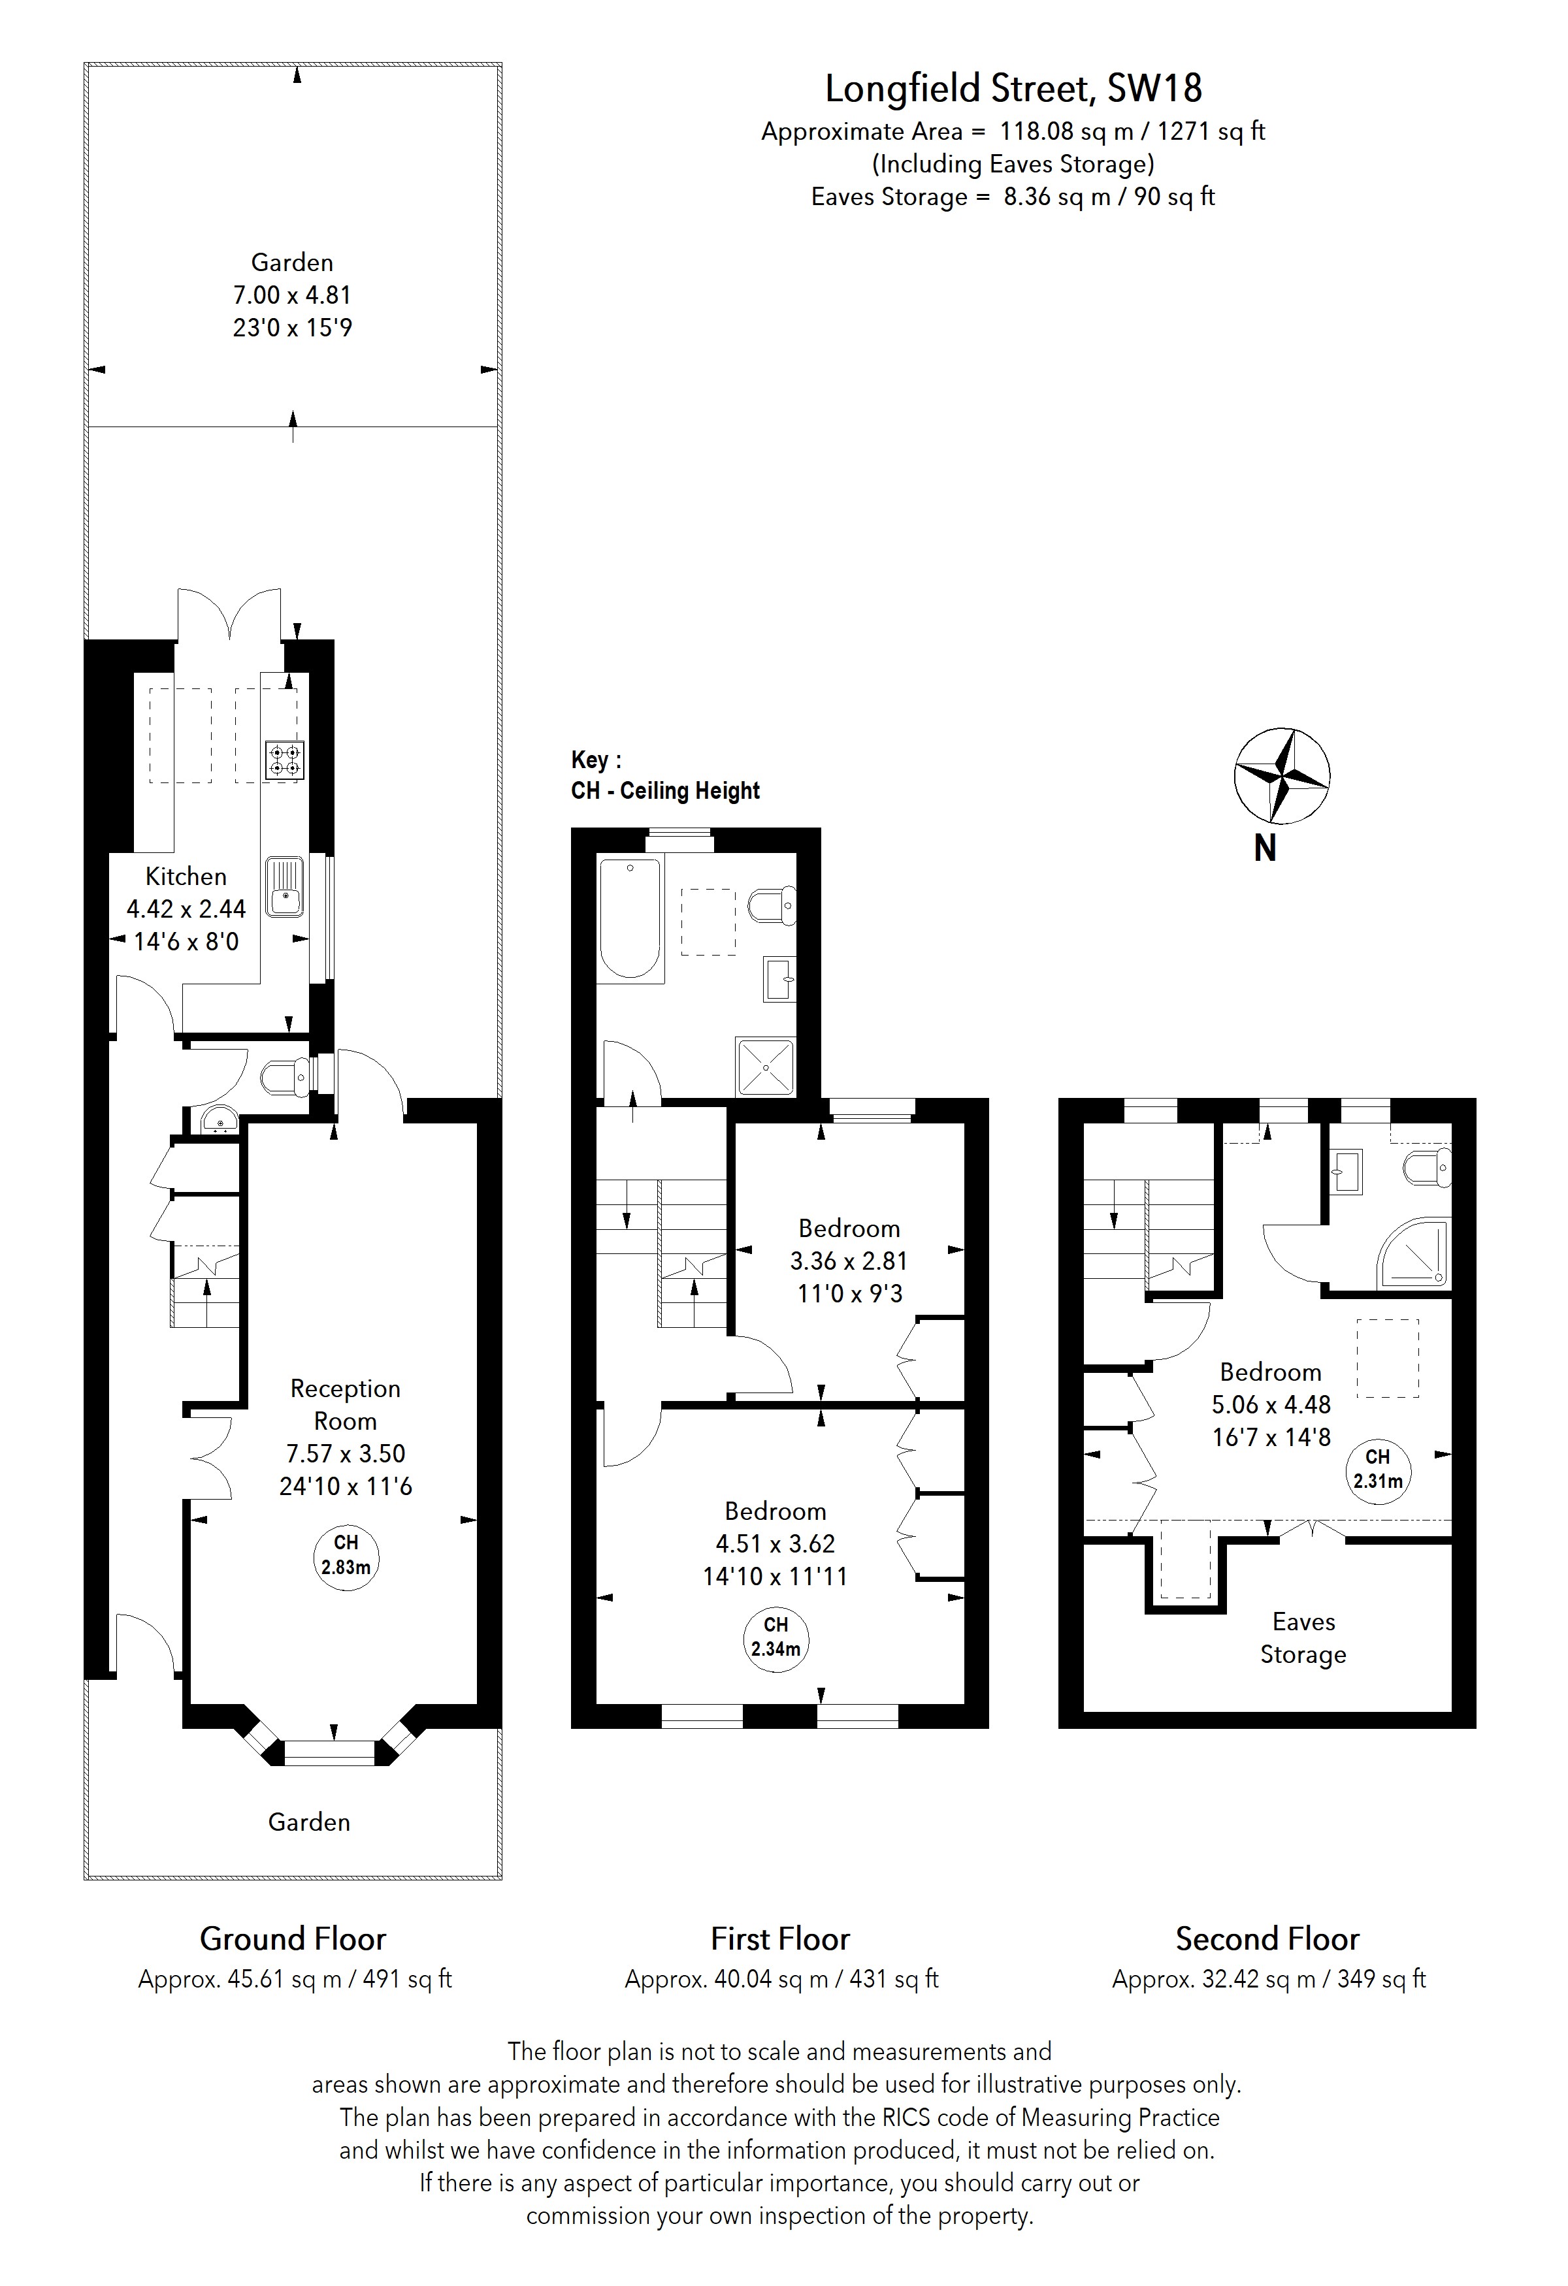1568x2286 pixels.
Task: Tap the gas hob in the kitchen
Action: point(284,760)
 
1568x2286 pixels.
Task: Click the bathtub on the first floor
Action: point(630,917)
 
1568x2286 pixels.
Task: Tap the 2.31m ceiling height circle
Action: point(1377,1468)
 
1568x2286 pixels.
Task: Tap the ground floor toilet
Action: point(284,1078)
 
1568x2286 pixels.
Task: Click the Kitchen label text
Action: point(186,877)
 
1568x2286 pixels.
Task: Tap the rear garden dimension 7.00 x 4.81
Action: point(291,295)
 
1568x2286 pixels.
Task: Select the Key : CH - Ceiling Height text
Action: point(665,775)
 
